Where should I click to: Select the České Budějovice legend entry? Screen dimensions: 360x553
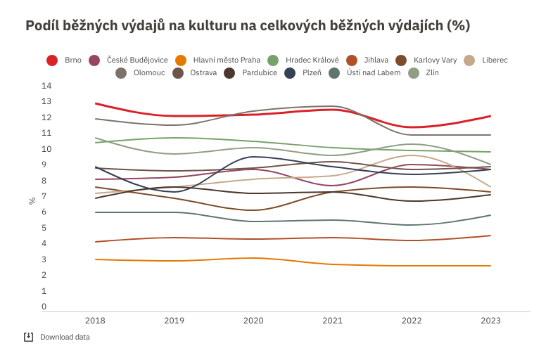pyautogui.click(x=129, y=60)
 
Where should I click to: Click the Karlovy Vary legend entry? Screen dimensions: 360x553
pyautogui.click(x=426, y=60)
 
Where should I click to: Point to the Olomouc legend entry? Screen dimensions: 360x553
pyautogui.click(x=141, y=72)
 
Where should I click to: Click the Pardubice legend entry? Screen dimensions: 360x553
pyautogui.click(x=251, y=72)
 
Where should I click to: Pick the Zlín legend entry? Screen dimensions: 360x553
pyautogui.click(x=422, y=72)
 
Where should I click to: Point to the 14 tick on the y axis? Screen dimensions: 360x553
pyautogui.click(x=47, y=86)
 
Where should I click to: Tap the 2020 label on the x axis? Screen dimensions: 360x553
pyautogui.click(x=253, y=321)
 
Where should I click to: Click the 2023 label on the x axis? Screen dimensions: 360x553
pyautogui.click(x=490, y=321)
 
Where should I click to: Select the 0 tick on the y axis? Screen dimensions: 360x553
pyautogui.click(x=44, y=307)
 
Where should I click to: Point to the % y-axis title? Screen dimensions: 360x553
pyautogui.click(x=32, y=200)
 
